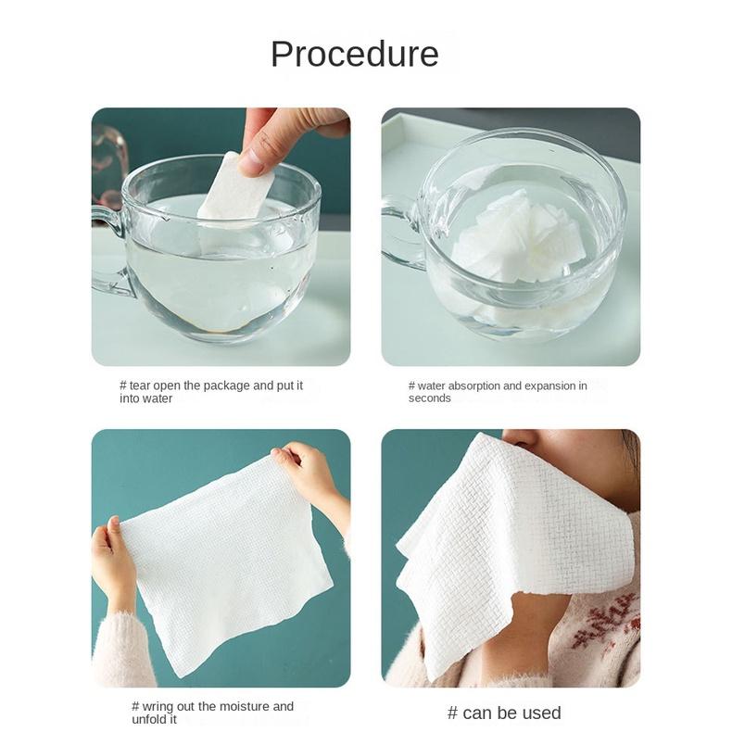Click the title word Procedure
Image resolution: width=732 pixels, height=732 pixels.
click(354, 54)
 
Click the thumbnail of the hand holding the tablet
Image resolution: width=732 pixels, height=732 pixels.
click(221, 236)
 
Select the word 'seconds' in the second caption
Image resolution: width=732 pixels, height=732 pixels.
click(430, 398)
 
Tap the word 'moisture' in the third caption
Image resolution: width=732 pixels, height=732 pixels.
click(245, 706)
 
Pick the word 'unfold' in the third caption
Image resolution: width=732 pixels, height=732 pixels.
click(146, 719)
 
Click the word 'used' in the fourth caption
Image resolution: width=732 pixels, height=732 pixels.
click(543, 713)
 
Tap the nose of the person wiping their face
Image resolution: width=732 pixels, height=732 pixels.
click(521, 437)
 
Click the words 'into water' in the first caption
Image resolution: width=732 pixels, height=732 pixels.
click(145, 398)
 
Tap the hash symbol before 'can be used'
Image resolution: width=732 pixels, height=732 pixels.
click(452, 713)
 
